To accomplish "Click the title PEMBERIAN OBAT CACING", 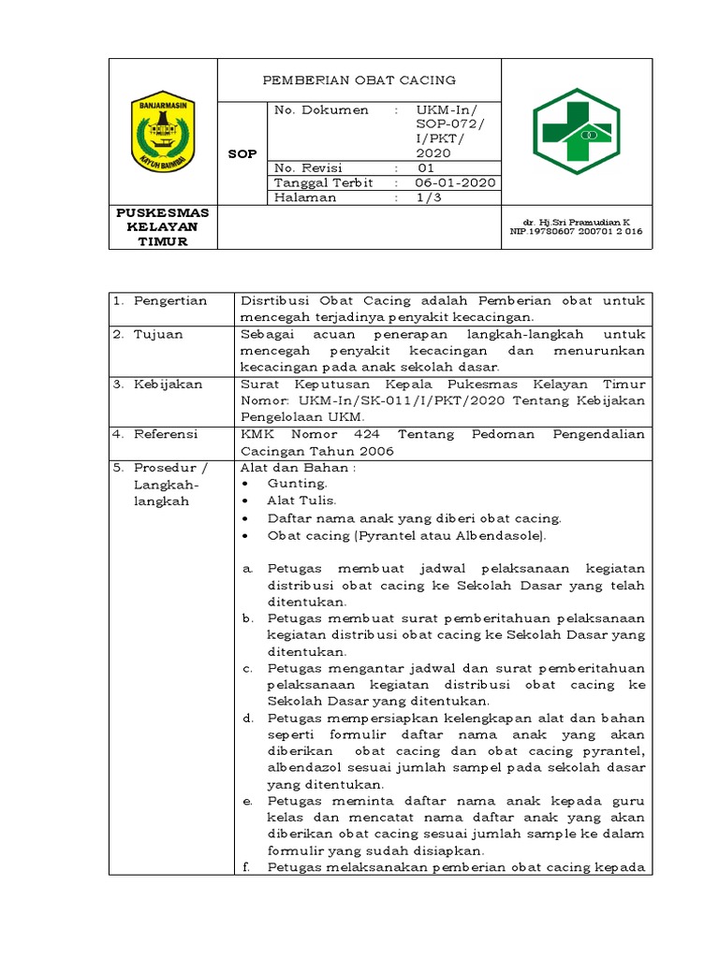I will point(359,80).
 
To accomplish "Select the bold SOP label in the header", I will point(242,153).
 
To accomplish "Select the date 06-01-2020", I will point(456,183).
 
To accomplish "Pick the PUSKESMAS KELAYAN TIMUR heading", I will point(163,227).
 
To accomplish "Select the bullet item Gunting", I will point(297,484).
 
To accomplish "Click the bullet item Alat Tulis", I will point(301,501).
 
